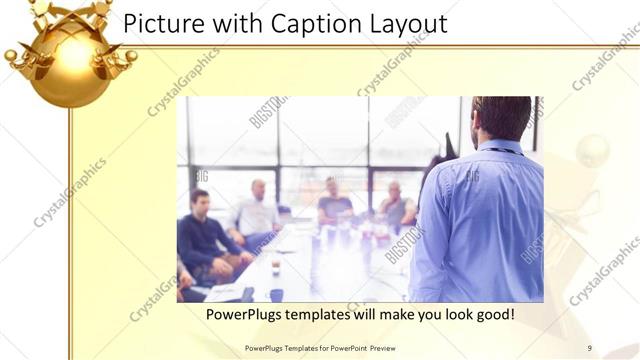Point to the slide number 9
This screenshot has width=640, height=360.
point(590,347)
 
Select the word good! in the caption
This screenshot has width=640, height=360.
point(492,315)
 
